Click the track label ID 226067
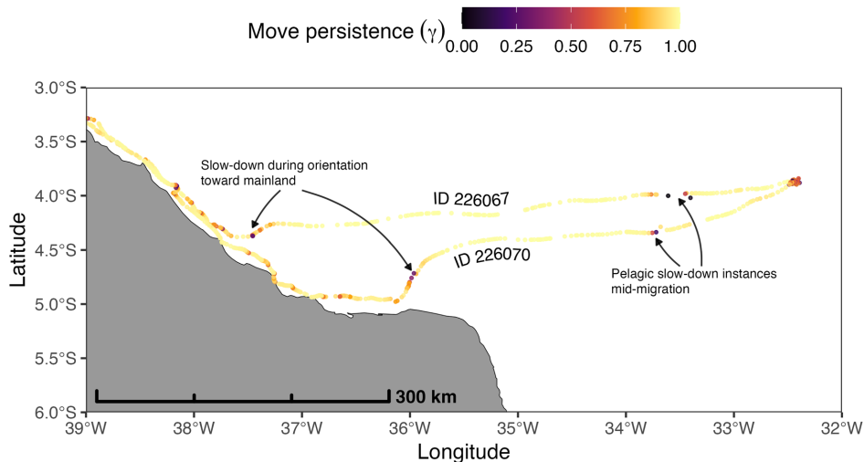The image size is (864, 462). (469, 199)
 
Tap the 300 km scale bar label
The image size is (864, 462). (426, 397)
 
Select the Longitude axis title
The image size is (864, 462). (463, 451)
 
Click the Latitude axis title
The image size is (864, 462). (18, 250)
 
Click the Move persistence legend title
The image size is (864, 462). (346, 33)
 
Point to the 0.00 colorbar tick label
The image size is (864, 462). (463, 48)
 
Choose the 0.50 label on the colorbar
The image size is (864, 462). (572, 48)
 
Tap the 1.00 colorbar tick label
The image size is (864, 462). (679, 48)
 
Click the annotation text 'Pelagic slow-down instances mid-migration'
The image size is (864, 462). (673, 280)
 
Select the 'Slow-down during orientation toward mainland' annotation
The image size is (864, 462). (284, 173)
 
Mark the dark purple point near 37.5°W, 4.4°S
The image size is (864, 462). (253, 236)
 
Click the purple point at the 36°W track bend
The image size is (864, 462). (413, 273)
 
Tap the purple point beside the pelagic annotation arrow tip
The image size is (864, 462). (656, 233)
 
